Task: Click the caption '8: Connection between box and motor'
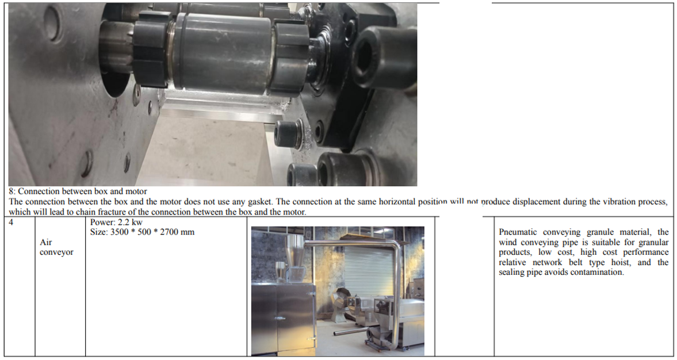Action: coord(78,192)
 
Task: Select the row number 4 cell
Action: coord(12,223)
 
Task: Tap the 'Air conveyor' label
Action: coord(56,247)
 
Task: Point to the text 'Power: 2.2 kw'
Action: coord(116,223)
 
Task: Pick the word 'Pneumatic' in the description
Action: coord(518,232)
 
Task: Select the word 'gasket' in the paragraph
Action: coord(259,202)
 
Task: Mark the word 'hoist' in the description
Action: coord(619,262)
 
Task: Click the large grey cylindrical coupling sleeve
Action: coord(223,52)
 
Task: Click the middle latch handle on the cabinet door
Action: coord(281,319)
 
